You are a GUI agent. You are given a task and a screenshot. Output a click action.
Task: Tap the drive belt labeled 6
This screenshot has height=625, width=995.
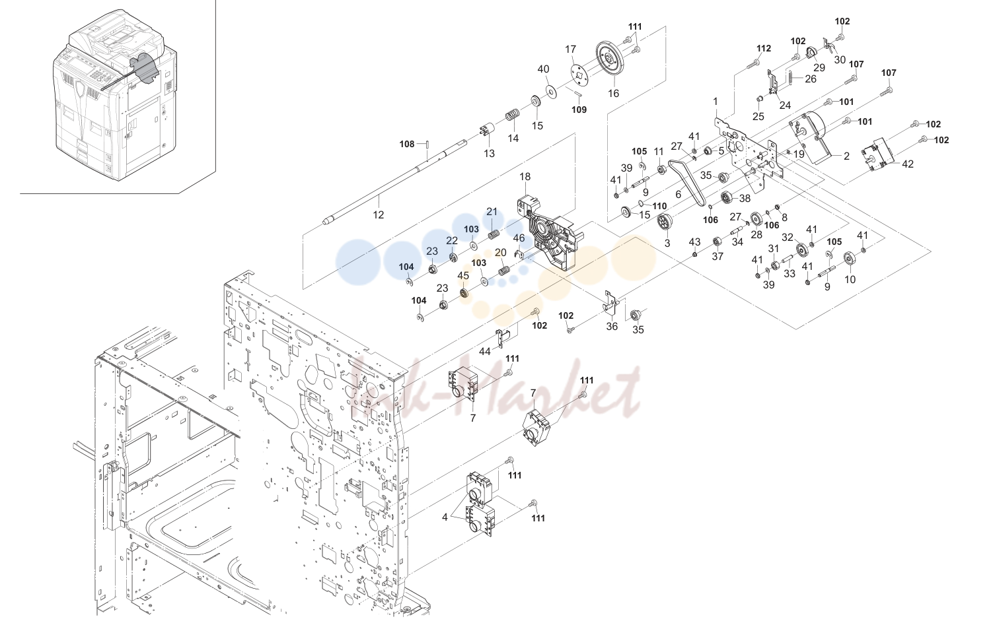tap(687, 182)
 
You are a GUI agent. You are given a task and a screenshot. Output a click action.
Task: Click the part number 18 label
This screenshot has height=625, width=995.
tap(525, 176)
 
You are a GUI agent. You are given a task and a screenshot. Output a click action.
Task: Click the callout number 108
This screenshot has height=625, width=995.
tap(407, 144)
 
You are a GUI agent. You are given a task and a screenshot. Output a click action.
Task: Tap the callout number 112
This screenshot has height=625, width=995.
tap(764, 48)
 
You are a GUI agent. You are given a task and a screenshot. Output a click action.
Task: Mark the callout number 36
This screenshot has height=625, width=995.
tap(612, 327)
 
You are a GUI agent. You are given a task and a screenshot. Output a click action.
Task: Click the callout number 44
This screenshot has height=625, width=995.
tap(485, 351)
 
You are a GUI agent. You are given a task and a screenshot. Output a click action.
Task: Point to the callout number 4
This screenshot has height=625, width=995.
tap(445, 517)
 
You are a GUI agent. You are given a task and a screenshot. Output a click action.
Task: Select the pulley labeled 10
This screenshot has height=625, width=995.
tap(849, 259)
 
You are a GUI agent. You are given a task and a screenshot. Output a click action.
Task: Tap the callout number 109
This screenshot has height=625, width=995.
tap(579, 110)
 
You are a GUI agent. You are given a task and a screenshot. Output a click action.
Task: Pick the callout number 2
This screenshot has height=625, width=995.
tap(846, 156)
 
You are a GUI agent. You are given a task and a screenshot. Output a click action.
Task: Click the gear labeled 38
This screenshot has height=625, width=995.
tap(727, 197)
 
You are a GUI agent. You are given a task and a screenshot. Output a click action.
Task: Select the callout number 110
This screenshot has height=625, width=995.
tap(659, 207)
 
